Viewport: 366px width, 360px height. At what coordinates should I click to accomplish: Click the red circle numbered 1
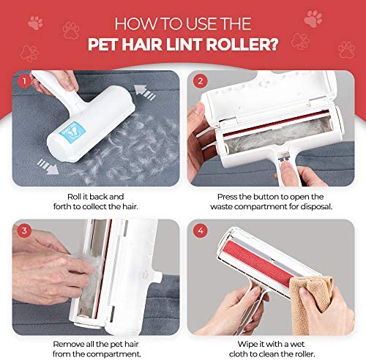(x=24, y=80)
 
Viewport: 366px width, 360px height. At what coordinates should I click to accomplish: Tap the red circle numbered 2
(x=201, y=80)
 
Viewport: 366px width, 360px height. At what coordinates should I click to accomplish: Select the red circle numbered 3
(x=24, y=230)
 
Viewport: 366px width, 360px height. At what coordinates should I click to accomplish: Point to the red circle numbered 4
(x=201, y=230)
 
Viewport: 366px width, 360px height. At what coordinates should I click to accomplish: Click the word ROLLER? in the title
(x=242, y=44)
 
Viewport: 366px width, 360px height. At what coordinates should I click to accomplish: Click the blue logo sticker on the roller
(x=72, y=130)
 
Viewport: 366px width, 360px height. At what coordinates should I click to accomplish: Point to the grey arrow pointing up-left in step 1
(x=144, y=92)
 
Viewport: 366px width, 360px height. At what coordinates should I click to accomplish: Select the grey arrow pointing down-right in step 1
(x=48, y=166)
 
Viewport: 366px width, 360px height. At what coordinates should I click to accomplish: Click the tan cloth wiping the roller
(x=310, y=302)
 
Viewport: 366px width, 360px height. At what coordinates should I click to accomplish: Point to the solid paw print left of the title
(x=35, y=23)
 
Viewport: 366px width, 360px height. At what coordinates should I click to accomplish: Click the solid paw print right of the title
(x=313, y=18)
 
